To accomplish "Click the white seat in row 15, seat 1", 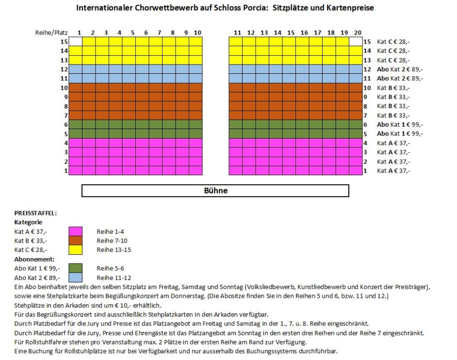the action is [76, 41].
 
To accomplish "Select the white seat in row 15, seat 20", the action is [356, 41].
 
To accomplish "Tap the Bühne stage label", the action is [216, 191].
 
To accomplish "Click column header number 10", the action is [197, 33].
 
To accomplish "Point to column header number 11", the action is [238, 33].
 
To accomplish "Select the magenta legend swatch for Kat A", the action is [76, 231].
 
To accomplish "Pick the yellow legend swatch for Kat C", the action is [76, 250].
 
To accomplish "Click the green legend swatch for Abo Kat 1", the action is [76, 268].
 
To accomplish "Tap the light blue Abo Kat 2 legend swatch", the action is [76, 278].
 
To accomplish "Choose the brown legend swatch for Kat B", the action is [76, 241].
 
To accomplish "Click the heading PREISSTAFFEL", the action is [35, 213].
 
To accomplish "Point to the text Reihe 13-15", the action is [114, 250].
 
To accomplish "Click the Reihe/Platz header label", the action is [51, 33].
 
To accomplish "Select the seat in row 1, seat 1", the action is [76, 170].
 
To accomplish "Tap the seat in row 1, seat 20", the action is [356, 170].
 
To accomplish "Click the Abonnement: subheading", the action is [34, 259].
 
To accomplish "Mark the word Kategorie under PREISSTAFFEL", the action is [28, 222].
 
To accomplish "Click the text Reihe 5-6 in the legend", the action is [110, 268].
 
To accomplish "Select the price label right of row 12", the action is [400, 69].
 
